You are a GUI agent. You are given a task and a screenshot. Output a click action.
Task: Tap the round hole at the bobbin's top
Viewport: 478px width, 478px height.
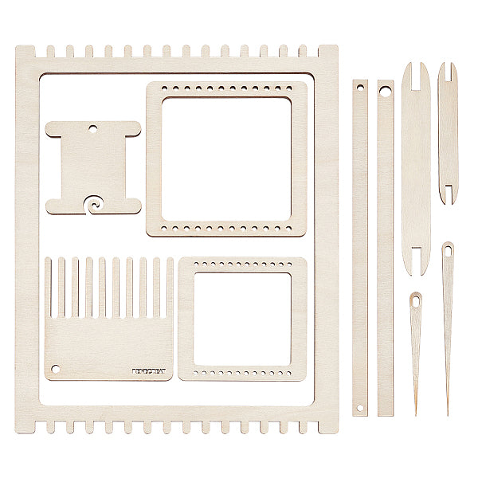pyautogui.click(x=92, y=127)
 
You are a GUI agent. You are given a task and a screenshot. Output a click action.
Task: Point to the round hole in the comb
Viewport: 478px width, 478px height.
pyautogui.click(x=56, y=369)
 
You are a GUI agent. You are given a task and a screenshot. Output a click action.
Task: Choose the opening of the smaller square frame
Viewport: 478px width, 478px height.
pyautogui.click(x=242, y=319)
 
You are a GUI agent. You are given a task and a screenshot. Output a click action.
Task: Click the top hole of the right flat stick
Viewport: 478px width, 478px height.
pyautogui.click(x=385, y=92)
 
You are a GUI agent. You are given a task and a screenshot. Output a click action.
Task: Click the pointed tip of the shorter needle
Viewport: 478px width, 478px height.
pyautogui.click(x=415, y=412)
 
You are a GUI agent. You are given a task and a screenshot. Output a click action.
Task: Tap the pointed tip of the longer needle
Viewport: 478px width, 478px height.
pyautogui.click(x=447, y=412)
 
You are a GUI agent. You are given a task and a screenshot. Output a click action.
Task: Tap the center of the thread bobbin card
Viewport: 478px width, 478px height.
pyautogui.click(x=93, y=167)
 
